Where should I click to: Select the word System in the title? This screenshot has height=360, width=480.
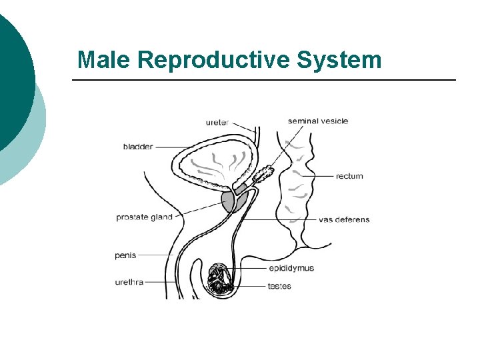coord(339,60)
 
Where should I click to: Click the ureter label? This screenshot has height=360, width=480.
coord(217,122)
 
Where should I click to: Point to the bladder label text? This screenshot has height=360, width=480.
coord(138,147)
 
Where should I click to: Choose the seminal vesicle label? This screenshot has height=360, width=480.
coord(317,121)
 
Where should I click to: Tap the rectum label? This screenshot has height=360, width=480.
coord(349,176)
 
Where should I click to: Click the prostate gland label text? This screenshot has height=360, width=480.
coord(144,217)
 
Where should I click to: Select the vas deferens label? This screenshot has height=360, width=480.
coord(344,219)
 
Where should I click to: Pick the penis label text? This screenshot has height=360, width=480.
coord(125,255)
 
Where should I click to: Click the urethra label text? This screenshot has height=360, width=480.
coord(129,282)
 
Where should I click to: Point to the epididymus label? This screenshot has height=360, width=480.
coord(291,268)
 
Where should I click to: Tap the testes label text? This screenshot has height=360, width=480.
coord(279,286)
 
